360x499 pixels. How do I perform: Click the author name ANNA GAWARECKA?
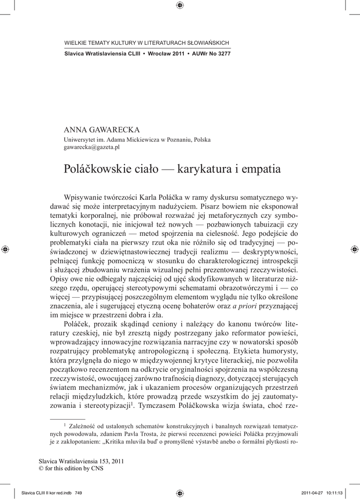pyautogui.click(x=102, y=130)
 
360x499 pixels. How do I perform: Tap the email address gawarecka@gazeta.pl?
pyautogui.click(x=92, y=147)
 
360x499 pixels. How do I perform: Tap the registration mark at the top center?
pyautogui.click(x=180, y=5)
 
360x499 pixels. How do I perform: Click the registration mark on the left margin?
pyautogui.click(x=5, y=249)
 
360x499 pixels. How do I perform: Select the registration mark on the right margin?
pyautogui.click(x=354, y=249)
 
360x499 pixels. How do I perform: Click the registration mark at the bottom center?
pyautogui.click(x=180, y=493)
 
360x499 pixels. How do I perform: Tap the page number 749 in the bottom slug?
pyautogui.click(x=78, y=493)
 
